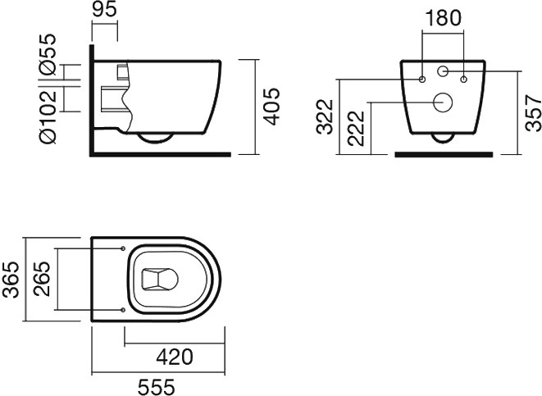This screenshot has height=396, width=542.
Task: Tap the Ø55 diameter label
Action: [48, 54]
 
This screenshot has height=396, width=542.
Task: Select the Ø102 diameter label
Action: [48, 116]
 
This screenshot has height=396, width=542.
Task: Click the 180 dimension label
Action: [443, 18]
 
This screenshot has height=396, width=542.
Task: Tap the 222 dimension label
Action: [357, 129]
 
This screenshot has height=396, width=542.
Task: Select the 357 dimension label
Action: [533, 113]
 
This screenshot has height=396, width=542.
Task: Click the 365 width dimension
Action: [11, 280]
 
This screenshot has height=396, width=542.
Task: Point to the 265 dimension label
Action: [42, 280]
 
